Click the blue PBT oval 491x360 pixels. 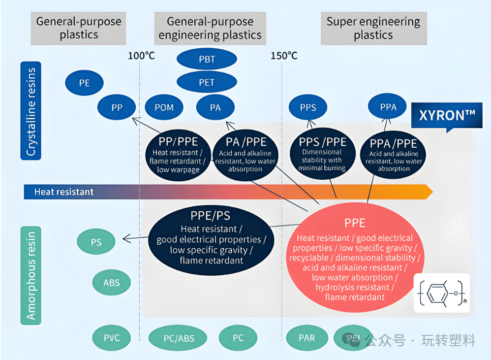[207, 60]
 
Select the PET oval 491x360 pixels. [207, 82]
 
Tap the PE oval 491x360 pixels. [85, 83]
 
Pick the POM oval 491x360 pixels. [164, 107]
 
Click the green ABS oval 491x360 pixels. [111, 283]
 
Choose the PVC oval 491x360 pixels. [111, 338]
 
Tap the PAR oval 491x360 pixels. [307, 338]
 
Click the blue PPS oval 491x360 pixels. [308, 107]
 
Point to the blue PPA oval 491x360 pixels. [388, 107]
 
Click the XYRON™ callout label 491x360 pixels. [447, 116]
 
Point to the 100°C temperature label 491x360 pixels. [141, 56]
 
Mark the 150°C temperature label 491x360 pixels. [284, 56]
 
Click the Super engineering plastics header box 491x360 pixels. [373, 29]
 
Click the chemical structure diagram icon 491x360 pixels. [441, 293]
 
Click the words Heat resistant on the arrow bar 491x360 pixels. [64, 192]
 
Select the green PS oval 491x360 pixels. [96, 242]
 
